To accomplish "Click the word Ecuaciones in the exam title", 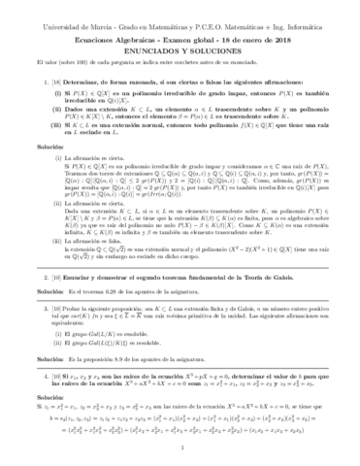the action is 97,27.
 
